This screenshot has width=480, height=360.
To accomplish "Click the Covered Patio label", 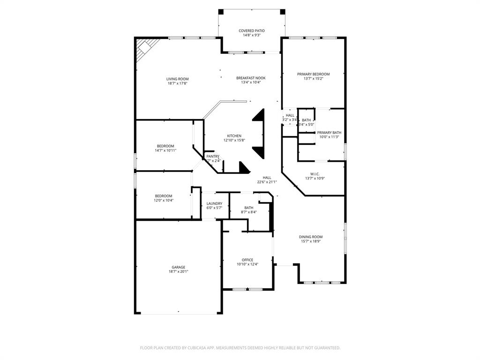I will (251, 31).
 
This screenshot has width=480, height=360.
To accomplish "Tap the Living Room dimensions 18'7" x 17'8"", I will (178, 83).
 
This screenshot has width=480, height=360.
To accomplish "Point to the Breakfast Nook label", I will (251, 78).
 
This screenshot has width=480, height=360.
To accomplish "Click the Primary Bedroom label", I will (313, 74).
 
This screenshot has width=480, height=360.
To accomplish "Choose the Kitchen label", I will (234, 136).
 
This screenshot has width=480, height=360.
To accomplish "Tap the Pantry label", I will (213, 157).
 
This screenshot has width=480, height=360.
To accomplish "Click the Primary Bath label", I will (329, 133).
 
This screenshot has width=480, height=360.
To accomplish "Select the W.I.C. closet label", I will (315, 174).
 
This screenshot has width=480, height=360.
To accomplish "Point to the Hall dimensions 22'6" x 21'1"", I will (267, 182).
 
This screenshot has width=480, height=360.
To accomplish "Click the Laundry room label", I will (214, 203).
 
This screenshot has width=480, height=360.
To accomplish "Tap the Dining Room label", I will (311, 237).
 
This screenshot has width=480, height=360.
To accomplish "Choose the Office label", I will (247, 260).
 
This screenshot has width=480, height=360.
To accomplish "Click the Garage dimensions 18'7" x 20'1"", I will (178, 271).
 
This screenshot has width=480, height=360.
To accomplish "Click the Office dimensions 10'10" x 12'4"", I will (247, 264).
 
